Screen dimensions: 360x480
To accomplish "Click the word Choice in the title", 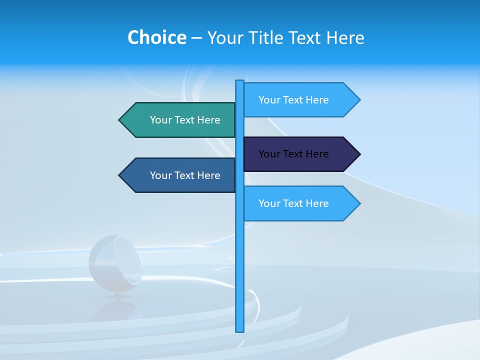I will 156,38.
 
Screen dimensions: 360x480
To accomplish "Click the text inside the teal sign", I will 185,120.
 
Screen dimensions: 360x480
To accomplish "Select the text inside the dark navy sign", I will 293,154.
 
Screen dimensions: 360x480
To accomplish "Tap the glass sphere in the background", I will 114,262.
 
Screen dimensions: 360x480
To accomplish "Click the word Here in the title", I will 345,38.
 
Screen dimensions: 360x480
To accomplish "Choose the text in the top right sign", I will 293,100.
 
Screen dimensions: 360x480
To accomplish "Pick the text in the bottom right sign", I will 293,203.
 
